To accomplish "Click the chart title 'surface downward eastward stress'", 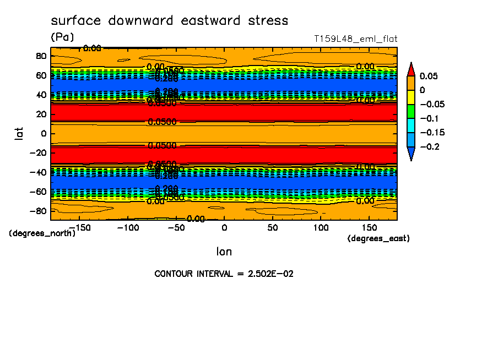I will (169, 21).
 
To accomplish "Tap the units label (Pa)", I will (62, 37).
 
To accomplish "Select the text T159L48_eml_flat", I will (355, 39).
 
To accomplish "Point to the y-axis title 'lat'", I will (18, 133).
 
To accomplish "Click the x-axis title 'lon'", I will (224, 252).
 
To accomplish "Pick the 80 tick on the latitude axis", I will (41, 56).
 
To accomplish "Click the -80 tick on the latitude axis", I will (39, 211).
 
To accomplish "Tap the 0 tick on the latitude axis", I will (43, 133).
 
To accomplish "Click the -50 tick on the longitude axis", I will (176, 227).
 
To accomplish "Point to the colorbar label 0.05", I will (429, 76).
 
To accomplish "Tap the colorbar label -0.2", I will (431, 146).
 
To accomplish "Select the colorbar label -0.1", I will (431, 118).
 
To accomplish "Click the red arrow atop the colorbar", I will (411, 69).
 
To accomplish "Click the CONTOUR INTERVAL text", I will (224, 274).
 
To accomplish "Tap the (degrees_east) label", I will (378, 238).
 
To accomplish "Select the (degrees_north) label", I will (42, 233).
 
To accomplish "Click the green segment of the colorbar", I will (411, 111).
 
